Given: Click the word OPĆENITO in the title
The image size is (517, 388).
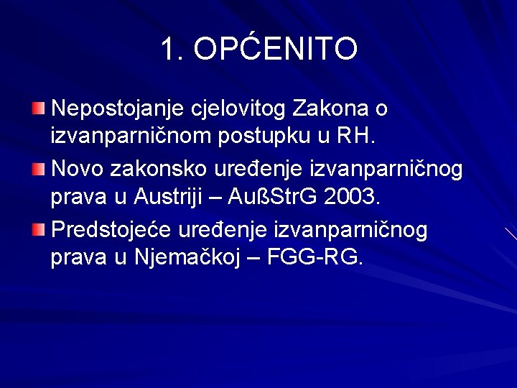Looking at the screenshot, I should pos(276,50).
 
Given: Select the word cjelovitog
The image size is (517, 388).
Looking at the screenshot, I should pos(239,110).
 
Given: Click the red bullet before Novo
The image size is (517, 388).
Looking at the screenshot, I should pos(38,170).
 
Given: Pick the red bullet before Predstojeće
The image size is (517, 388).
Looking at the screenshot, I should pos(38,230).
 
